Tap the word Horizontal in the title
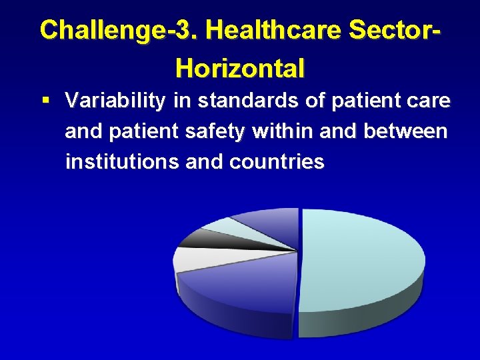240,67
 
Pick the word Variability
116,101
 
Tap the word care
429,101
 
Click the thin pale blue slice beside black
230,227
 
